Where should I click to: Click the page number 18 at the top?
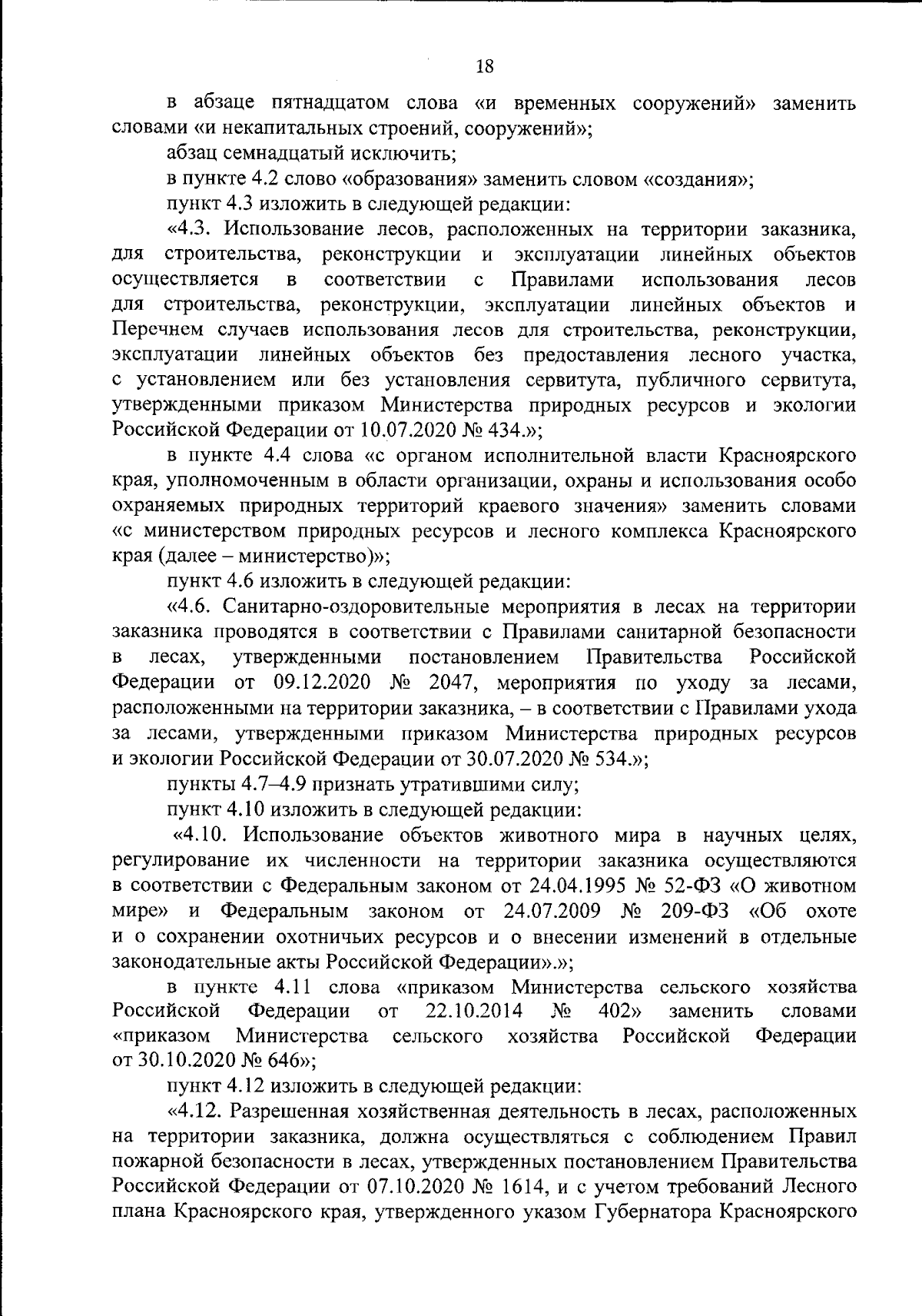pos(484,66)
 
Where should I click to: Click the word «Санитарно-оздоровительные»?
pos(357,607)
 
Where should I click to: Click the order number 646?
pos(284,1062)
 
